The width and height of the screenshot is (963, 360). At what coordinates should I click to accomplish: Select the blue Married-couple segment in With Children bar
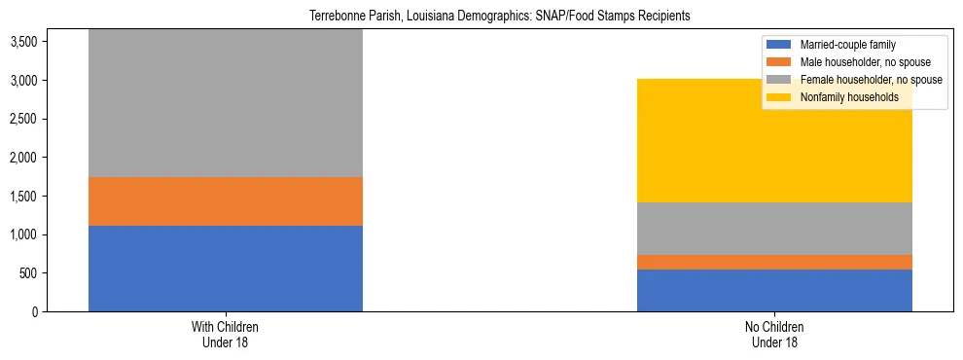(x=225, y=269)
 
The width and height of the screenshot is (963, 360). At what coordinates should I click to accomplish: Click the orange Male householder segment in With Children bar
(x=225, y=201)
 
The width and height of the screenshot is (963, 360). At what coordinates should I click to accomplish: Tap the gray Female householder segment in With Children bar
(x=225, y=103)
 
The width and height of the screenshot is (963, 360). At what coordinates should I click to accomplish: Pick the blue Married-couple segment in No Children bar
(x=774, y=290)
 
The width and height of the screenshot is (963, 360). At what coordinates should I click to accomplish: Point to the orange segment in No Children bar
(x=774, y=262)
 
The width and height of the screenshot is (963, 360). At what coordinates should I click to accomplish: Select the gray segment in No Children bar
(x=774, y=229)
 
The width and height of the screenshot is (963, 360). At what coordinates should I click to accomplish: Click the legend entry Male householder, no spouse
(x=857, y=62)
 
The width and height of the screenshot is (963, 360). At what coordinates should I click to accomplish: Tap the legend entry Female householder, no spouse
(x=861, y=80)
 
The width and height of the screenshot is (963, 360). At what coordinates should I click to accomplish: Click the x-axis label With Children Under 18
(x=225, y=335)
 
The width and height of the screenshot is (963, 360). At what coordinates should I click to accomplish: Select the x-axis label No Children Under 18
(x=774, y=335)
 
